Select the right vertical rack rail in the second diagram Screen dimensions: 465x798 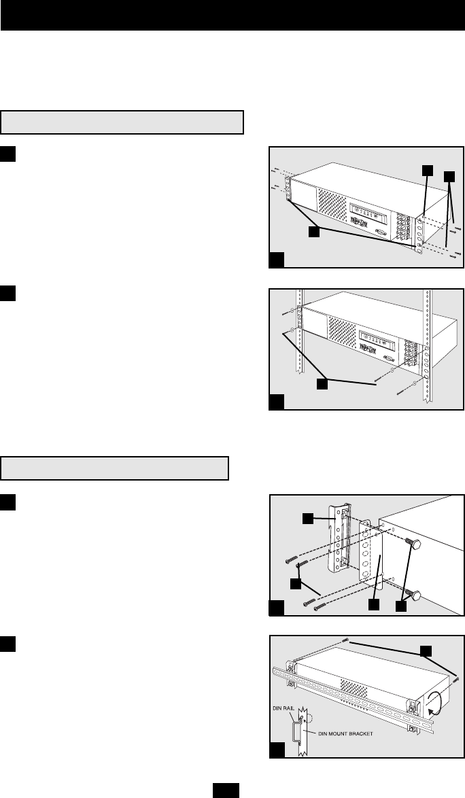pos(426,347)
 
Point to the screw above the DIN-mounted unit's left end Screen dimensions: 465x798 pos(347,640)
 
